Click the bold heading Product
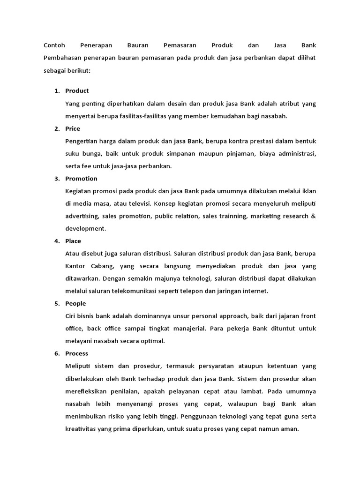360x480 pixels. [77, 91]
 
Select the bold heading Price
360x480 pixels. [73, 128]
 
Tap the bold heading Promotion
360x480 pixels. [81, 179]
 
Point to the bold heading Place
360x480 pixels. [73, 241]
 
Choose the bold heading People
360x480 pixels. [75, 303]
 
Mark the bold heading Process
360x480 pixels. [77, 353]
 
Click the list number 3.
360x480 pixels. [56, 179]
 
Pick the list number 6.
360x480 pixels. [56, 353]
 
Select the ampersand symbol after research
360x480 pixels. [314, 216]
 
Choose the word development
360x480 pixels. [86, 229]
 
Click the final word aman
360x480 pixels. [290, 428]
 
